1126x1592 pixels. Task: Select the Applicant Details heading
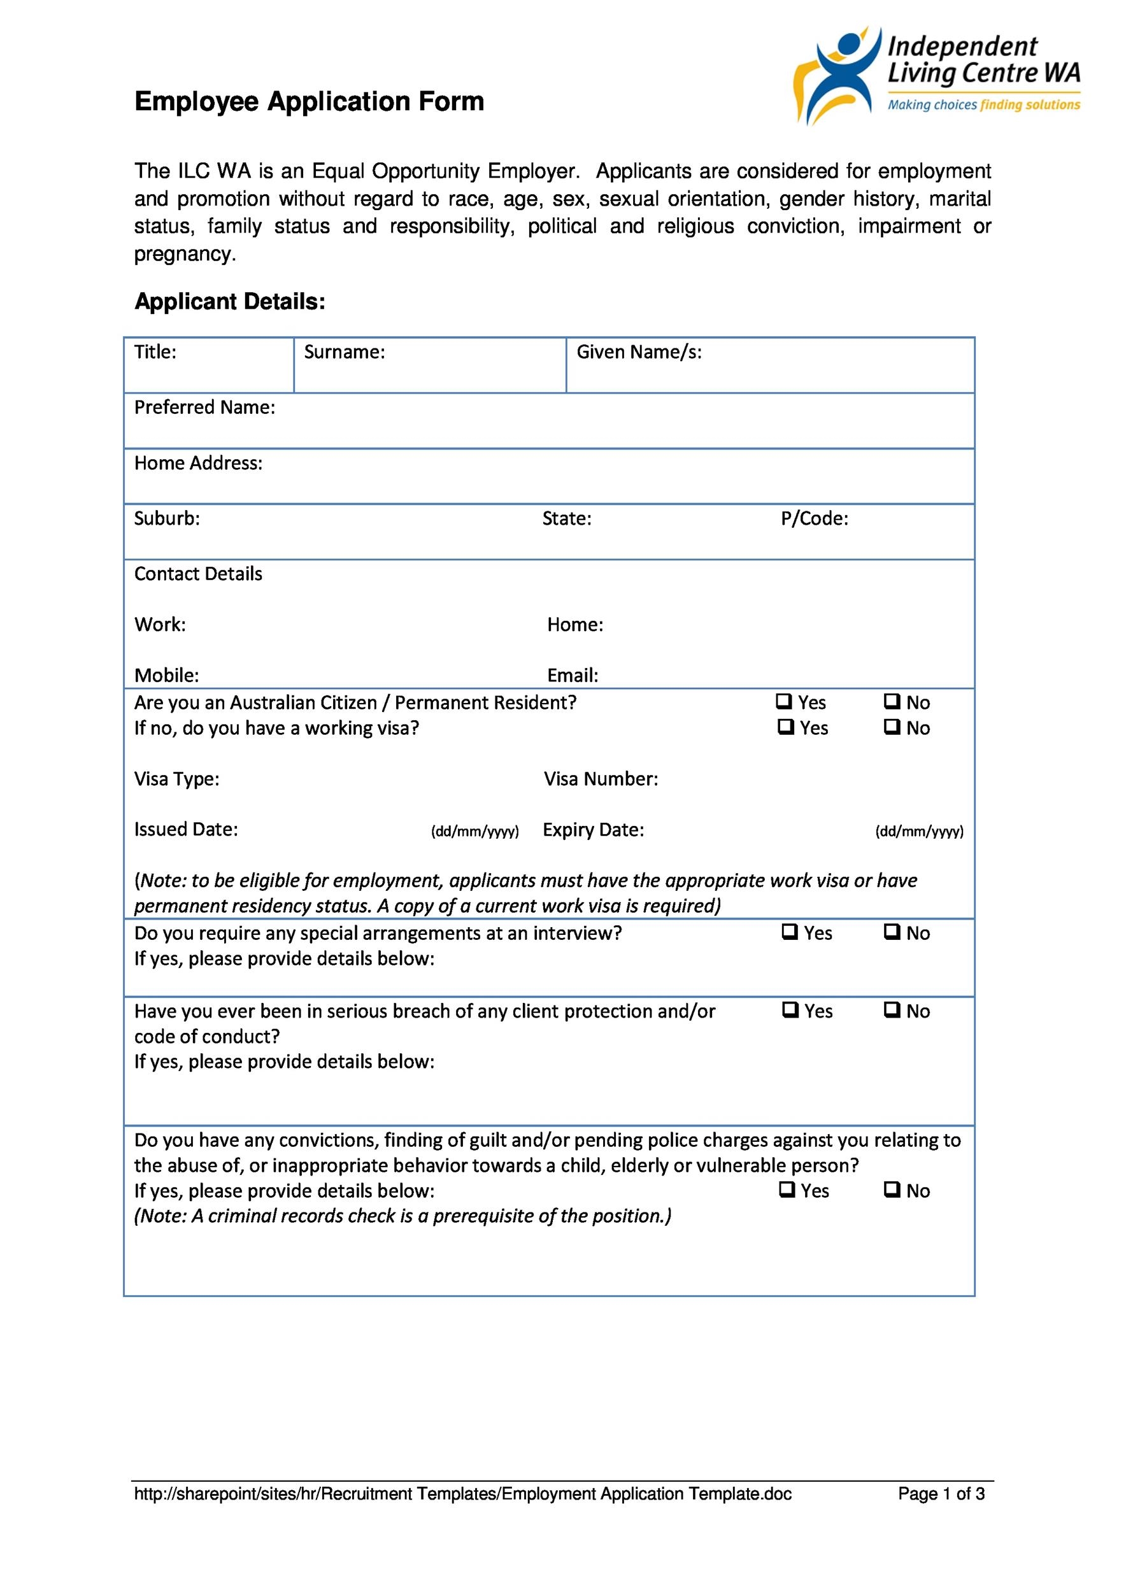click(x=229, y=302)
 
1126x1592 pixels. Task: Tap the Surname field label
click(x=344, y=352)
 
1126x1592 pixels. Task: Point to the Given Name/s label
click(x=639, y=352)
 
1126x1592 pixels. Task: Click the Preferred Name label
click(x=204, y=408)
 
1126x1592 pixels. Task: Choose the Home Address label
click(x=198, y=463)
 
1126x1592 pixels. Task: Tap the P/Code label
click(x=814, y=518)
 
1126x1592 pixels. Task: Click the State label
click(x=566, y=518)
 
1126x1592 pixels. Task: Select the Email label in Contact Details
click(x=572, y=676)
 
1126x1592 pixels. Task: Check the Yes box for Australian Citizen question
click(x=783, y=702)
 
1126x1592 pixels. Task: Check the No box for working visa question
click(x=892, y=727)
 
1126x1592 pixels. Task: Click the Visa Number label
click(x=601, y=779)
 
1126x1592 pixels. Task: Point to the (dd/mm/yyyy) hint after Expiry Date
click(x=918, y=832)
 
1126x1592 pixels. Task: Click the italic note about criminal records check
click(x=402, y=1216)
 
